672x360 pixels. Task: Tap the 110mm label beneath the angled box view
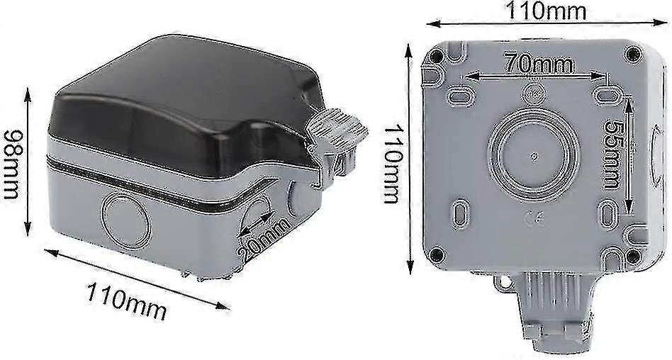pos(127,300)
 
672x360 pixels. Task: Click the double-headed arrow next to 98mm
pos(28,162)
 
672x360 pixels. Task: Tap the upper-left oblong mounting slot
pos(459,95)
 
